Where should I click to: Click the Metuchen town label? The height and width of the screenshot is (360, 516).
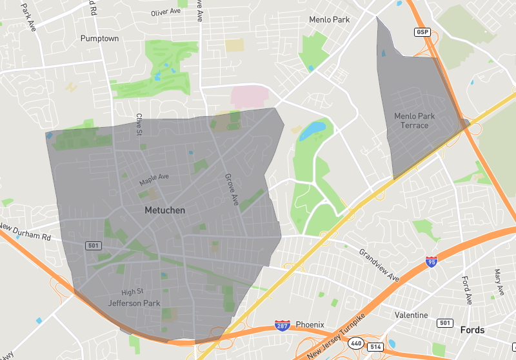pyautogui.click(x=164, y=210)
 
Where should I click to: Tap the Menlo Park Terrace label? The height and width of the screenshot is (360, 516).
pyautogui.click(x=414, y=121)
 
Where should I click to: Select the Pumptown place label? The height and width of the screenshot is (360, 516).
pyautogui.click(x=99, y=39)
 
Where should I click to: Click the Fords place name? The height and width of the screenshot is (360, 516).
pyautogui.click(x=472, y=330)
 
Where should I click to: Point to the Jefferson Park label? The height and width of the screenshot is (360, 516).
pyautogui.click(x=134, y=303)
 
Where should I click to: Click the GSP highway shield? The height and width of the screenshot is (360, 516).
pyautogui.click(x=422, y=32)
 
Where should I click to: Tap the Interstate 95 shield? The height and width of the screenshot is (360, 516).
pyautogui.click(x=432, y=262)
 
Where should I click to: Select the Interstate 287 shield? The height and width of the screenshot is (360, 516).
pyautogui.click(x=282, y=325)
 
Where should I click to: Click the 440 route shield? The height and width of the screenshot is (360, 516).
pyautogui.click(x=356, y=343)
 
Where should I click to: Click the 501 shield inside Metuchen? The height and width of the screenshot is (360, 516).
pyautogui.click(x=93, y=245)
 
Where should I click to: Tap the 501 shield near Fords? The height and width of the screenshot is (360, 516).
pyautogui.click(x=444, y=323)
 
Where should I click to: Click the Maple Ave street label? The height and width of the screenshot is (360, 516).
pyautogui.click(x=154, y=179)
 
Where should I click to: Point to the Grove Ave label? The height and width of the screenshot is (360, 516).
pyautogui.click(x=231, y=190)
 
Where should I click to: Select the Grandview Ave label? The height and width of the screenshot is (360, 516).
pyautogui.click(x=379, y=265)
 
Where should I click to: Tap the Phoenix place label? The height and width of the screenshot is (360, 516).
pyautogui.click(x=310, y=324)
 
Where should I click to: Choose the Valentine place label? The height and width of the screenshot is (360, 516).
pyautogui.click(x=411, y=315)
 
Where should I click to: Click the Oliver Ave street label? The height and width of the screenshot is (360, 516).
pyautogui.click(x=166, y=12)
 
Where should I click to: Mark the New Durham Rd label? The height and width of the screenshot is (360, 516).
pyautogui.click(x=25, y=232)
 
